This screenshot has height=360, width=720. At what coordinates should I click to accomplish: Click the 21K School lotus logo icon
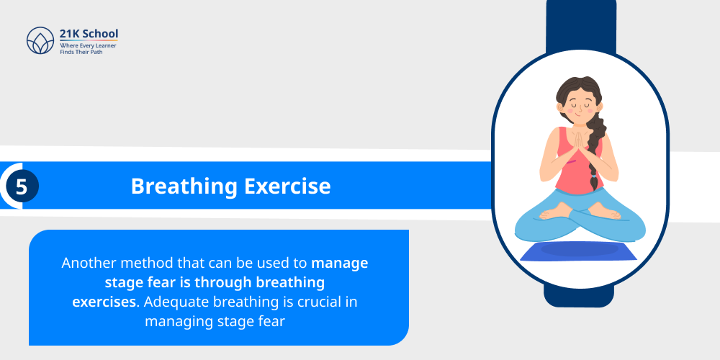point(40,42)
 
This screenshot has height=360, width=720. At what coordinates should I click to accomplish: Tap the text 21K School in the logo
point(89,34)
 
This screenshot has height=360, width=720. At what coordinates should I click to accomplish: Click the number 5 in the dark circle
point(22,186)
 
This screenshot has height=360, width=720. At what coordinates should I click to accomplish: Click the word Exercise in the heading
point(288,186)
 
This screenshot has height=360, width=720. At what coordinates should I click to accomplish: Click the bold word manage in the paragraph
point(340,263)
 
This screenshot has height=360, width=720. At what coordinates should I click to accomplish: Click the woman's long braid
point(594,155)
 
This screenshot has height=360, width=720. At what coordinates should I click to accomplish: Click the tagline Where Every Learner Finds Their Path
point(89,49)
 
